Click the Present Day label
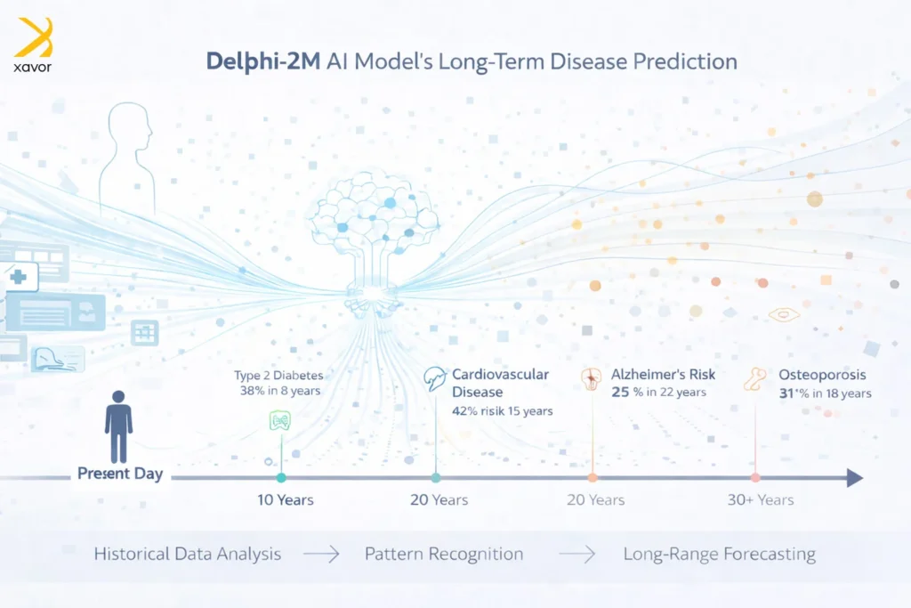pos(120,474)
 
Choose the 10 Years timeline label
pos(286,499)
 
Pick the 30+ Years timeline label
pos(761,499)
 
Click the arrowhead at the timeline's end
pos(855,478)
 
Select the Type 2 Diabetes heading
pos(278,375)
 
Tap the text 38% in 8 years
pos(277,391)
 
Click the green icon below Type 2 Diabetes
pos(280,422)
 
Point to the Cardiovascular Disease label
pos(499,383)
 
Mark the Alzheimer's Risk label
pos(663,375)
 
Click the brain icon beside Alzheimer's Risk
pos(591,377)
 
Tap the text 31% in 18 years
pos(825,393)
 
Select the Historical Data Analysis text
pos(187,554)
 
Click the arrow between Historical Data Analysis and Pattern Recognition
pos(321,555)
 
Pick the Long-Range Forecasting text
pos(719,554)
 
